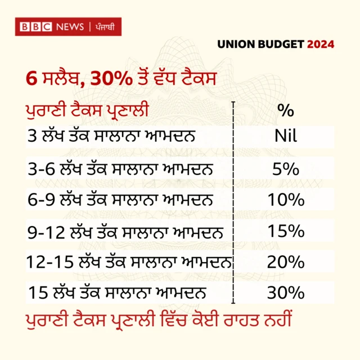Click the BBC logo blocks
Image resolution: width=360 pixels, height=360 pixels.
pyautogui.click(x=36, y=26)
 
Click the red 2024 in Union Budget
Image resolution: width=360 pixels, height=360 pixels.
pyautogui.click(x=320, y=44)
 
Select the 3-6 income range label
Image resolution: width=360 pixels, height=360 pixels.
pyautogui.click(x=40, y=169)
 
